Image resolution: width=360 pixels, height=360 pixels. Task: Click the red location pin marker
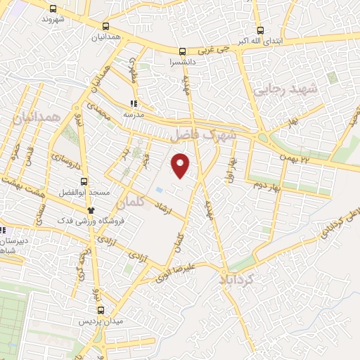click(181, 165)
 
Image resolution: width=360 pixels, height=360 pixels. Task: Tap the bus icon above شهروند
click(53, 9)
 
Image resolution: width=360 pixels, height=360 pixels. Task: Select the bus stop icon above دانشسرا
click(183, 51)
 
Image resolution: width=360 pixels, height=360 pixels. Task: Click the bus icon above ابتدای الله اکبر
click(261, 30)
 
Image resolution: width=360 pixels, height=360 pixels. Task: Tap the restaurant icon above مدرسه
click(134, 103)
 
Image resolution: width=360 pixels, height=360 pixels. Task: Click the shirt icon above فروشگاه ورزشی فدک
click(90, 210)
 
